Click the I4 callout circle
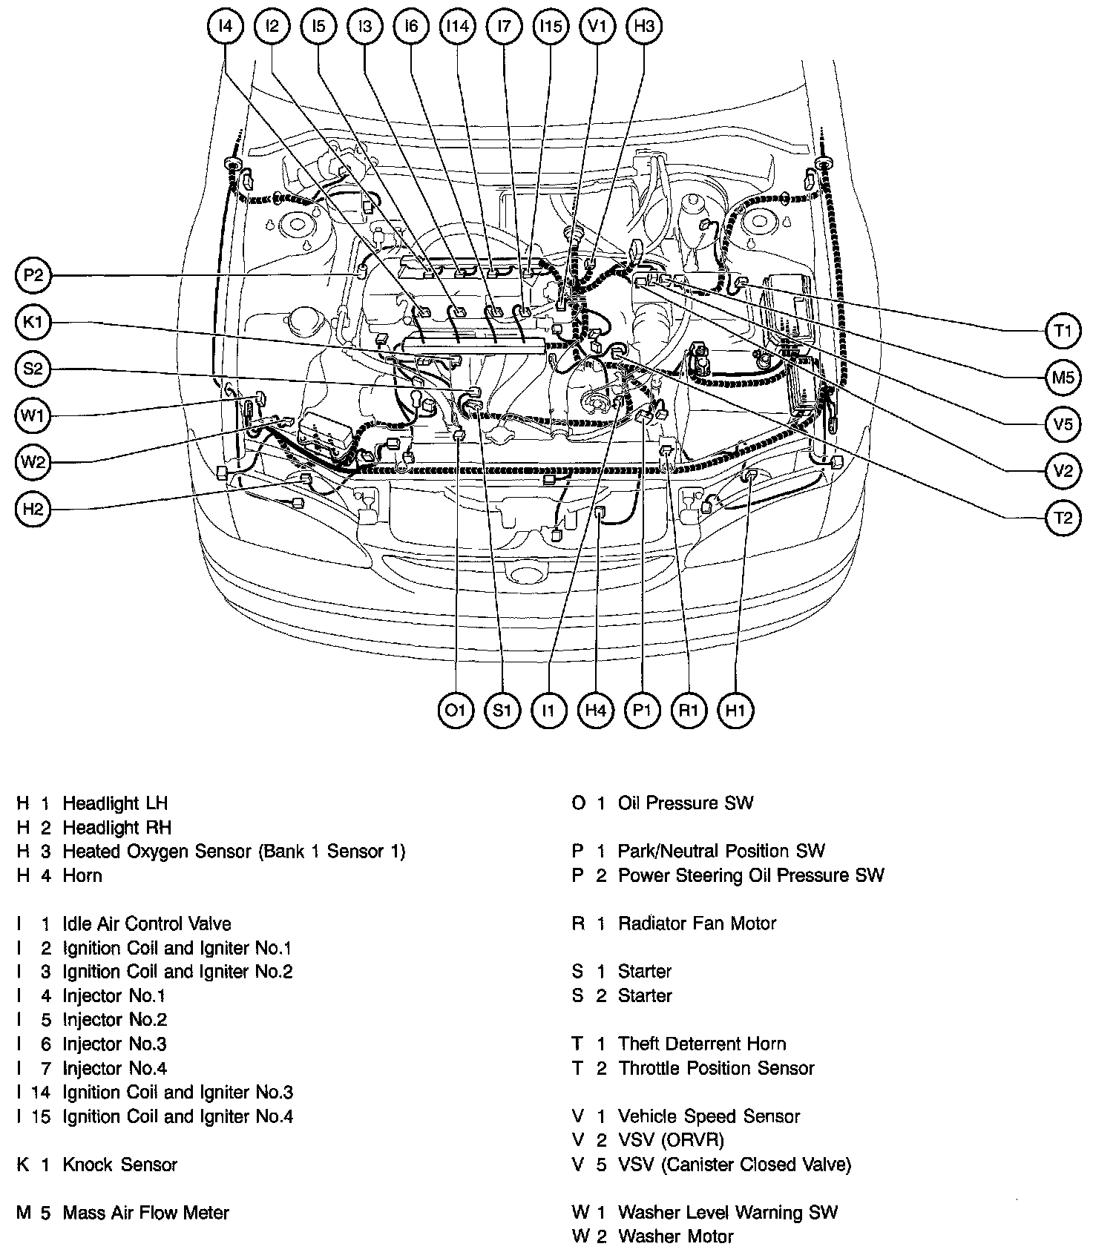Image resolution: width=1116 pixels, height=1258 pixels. [225, 27]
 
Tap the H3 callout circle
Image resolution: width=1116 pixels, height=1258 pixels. [643, 27]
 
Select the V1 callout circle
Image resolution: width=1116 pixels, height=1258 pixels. [597, 27]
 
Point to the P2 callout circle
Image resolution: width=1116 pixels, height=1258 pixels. [33, 277]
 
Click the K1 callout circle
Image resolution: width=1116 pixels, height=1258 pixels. [33, 323]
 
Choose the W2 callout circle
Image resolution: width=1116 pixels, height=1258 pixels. [33, 463]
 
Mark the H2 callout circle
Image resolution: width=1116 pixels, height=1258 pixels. [33, 509]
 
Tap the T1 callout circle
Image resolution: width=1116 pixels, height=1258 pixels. [1063, 331]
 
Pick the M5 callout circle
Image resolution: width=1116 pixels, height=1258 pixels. [1063, 378]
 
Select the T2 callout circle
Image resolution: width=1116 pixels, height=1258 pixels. [1063, 518]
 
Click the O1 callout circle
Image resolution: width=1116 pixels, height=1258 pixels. [456, 711]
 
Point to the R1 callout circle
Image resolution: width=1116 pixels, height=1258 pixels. [689, 711]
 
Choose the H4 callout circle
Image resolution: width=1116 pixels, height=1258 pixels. [596, 711]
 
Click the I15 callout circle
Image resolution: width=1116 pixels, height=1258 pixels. [551, 27]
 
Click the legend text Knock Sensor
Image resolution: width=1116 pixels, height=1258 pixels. [119, 1165]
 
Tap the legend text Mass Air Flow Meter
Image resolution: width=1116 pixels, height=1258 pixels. [145, 1213]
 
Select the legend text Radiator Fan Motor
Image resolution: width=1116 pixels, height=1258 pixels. [697, 923]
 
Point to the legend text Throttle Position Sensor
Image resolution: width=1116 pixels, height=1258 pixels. [716, 1068]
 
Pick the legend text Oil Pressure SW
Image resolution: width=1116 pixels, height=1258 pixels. [685, 803]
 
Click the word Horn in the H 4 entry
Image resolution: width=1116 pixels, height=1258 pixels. [82, 875]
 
